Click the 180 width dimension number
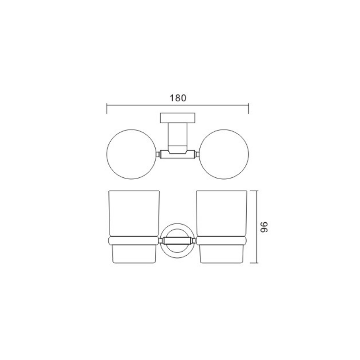pyautogui.click(x=178, y=98)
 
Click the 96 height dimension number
pyautogui.click(x=264, y=227)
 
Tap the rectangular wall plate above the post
pyautogui.click(x=178, y=118)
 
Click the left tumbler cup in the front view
pyautogui.click(x=134, y=227)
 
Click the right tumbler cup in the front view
pyautogui.click(x=222, y=227)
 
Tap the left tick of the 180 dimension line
pyautogui.click(x=107, y=108)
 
